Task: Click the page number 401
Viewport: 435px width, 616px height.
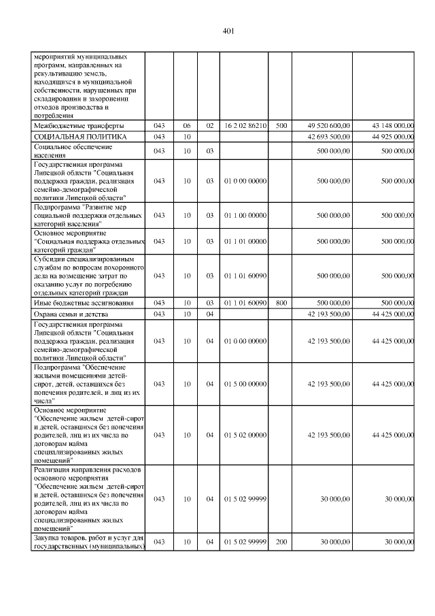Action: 228,31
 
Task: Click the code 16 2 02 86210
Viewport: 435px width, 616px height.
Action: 245,126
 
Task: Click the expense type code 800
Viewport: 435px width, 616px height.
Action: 281,303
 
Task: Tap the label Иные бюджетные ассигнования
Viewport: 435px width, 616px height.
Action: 80,303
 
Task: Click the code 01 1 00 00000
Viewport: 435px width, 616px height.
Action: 245,215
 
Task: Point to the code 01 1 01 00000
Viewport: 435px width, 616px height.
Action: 245,241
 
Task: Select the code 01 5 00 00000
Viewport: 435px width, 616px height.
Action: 245,384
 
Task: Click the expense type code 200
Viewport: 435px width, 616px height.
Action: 281,542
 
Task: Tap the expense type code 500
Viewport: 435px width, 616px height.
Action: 281,126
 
